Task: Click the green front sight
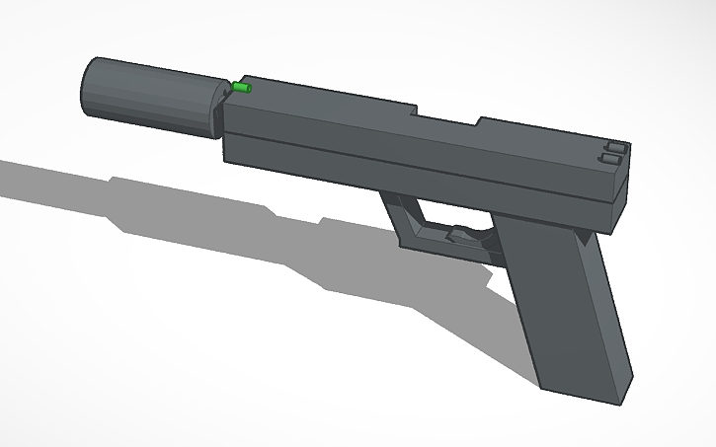[242, 89]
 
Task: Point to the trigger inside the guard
[458, 236]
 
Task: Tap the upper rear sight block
[614, 149]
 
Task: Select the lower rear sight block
[610, 159]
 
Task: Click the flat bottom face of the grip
[584, 391]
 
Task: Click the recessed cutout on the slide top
[443, 113]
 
